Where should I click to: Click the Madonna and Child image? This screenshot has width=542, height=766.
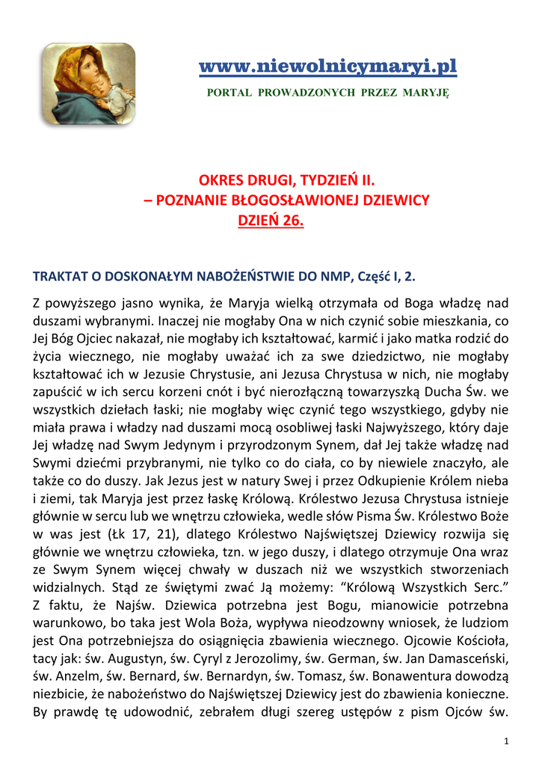[88, 83]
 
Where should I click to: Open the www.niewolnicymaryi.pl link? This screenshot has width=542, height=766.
[327, 67]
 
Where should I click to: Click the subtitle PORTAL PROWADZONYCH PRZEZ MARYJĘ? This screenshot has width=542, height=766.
[327, 93]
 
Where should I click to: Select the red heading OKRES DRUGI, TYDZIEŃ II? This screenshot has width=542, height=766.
[286, 181]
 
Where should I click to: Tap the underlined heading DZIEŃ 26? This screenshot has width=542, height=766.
[271, 221]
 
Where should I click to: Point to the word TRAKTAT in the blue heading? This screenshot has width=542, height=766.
[59, 277]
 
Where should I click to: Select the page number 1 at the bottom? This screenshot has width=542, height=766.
[506, 741]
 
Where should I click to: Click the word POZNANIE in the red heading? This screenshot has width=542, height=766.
[185, 200]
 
